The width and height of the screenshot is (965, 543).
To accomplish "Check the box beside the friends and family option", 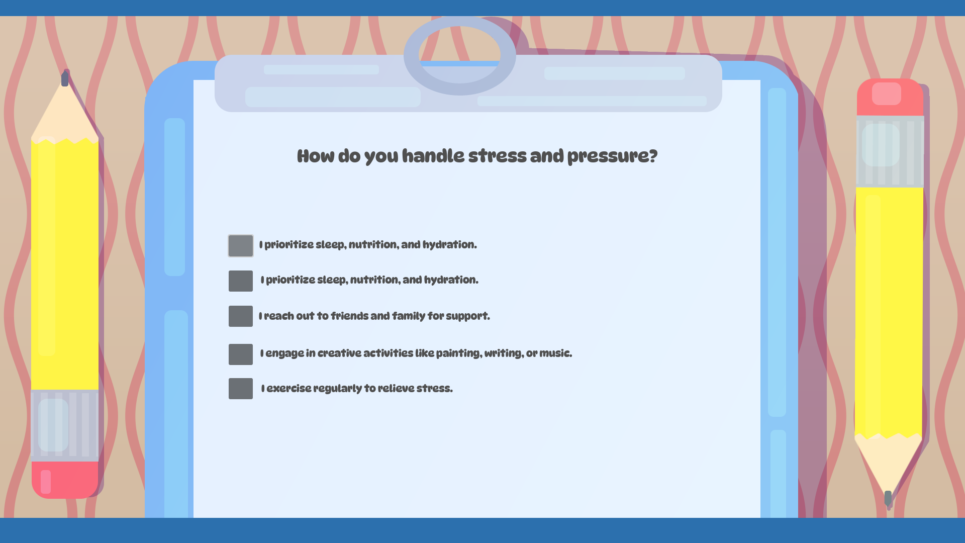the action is [x=241, y=316].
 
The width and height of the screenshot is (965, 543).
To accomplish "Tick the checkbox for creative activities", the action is [x=241, y=354].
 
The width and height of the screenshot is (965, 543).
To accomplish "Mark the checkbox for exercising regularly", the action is [x=241, y=389].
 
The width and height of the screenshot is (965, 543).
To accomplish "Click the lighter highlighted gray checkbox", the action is [x=241, y=246].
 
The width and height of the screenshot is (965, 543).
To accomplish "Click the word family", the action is [x=408, y=316].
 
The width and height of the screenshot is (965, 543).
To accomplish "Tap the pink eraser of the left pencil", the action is [x=65, y=479].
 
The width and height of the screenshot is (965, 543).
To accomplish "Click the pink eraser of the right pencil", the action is [x=890, y=97].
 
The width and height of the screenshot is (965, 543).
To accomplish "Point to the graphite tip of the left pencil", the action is [x=65, y=79].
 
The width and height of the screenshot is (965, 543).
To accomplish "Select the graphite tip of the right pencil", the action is [x=888, y=498].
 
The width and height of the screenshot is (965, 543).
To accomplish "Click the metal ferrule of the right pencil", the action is [x=890, y=152].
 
